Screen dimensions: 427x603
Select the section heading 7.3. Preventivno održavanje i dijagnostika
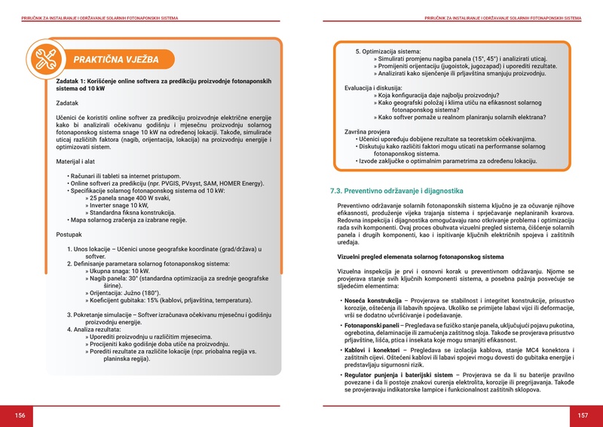401,190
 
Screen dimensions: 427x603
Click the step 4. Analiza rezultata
102,329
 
